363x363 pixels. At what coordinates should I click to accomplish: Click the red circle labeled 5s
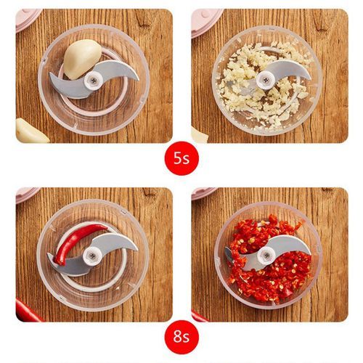(x=181, y=158)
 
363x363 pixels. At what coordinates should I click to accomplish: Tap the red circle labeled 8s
(x=181, y=337)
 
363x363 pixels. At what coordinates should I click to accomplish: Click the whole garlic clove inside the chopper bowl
(x=81, y=60)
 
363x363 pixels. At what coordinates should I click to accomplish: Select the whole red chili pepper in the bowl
(x=76, y=243)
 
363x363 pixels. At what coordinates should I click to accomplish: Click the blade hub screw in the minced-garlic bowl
(x=266, y=79)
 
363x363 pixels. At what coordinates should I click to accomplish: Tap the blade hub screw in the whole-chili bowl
(x=92, y=256)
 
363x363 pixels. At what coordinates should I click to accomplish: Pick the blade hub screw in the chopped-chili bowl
(x=266, y=255)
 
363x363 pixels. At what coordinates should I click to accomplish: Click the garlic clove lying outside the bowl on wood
(x=30, y=131)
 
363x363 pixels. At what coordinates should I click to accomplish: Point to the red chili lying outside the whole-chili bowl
(x=27, y=311)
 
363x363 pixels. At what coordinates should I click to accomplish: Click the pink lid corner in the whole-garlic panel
(x=28, y=20)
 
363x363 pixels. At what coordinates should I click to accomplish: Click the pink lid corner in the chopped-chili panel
(x=203, y=193)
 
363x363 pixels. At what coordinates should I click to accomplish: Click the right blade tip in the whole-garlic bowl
(x=138, y=79)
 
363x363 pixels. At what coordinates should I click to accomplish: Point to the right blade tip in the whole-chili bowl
(x=137, y=249)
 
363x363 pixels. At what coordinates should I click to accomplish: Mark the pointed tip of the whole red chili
(x=107, y=227)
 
